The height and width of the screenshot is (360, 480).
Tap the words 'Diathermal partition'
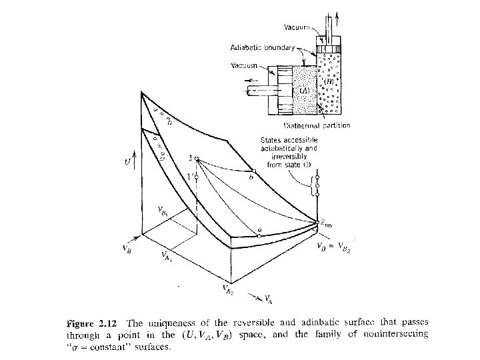(x=317, y=125)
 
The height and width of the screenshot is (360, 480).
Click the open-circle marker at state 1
(x=197, y=157)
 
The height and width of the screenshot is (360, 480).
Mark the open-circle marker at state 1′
(x=197, y=176)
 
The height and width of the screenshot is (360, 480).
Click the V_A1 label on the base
(x=168, y=257)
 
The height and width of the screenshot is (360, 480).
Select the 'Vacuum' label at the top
(x=297, y=27)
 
